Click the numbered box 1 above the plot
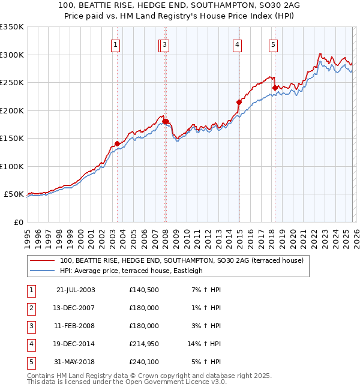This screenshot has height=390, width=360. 115,44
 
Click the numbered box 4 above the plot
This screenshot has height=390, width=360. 238,44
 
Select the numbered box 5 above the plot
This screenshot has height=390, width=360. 274,44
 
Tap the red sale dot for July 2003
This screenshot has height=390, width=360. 117,143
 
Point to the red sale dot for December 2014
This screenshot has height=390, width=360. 238,102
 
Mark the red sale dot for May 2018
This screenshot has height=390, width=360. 275,88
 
